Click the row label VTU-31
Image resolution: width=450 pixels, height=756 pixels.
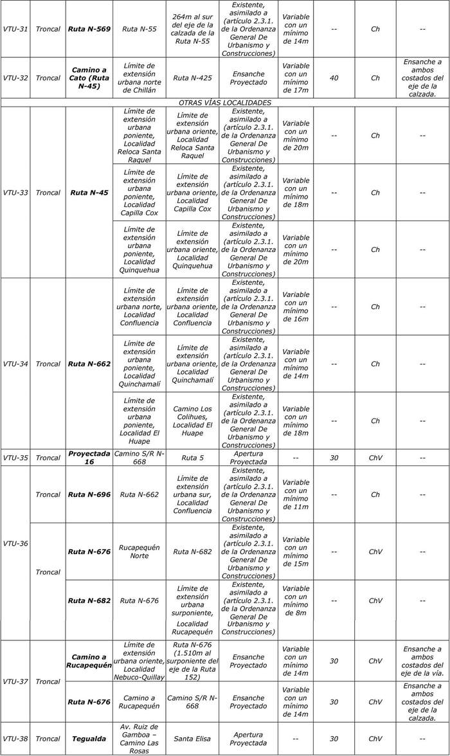[15, 29]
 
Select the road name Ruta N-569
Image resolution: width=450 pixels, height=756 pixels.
[89, 29]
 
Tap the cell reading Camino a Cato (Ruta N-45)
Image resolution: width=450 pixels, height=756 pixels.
[89, 78]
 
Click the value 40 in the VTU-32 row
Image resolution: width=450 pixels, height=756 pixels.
[334, 78]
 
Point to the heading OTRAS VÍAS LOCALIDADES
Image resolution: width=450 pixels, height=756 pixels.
[225, 102]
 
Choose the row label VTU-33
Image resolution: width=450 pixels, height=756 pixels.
[15, 192]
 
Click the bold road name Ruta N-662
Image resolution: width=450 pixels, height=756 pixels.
[89, 364]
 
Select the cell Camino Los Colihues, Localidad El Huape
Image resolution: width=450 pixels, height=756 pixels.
[192, 420]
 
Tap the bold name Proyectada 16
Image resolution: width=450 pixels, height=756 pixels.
[89, 457]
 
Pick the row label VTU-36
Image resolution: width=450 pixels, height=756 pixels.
[15, 543]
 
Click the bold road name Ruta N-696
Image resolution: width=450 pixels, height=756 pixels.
[89, 494]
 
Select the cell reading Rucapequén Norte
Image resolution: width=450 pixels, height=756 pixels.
[139, 552]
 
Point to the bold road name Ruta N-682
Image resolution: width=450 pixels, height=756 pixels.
[89, 600]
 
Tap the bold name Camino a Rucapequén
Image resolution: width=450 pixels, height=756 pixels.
[89, 661]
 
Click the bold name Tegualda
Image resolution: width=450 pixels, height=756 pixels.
[89, 738]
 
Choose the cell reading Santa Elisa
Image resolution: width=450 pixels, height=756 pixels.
[192, 738]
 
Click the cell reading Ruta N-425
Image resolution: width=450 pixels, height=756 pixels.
[192, 78]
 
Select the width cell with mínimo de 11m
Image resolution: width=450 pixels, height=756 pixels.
[296, 494]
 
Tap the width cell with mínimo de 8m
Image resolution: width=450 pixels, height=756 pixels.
[296, 600]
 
